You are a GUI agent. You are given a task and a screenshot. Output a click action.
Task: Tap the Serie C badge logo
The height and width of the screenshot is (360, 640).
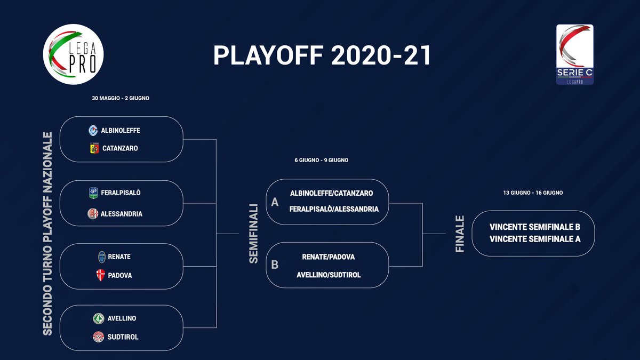574,54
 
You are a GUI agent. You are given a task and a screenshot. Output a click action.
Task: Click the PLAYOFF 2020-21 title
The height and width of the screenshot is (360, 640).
322,55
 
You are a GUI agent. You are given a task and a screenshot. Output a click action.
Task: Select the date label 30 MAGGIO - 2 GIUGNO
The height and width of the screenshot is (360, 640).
121,98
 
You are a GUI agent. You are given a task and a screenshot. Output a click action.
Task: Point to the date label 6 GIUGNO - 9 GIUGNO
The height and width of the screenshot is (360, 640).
321,160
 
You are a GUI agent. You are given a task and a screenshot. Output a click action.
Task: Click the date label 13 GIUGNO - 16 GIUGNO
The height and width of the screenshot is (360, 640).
533,193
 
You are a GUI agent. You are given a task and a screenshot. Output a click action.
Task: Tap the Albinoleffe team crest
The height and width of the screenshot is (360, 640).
93,130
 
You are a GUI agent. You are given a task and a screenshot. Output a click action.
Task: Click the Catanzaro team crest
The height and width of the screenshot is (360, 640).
94,149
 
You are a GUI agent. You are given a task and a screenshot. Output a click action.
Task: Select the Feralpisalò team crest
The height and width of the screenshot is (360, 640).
93,193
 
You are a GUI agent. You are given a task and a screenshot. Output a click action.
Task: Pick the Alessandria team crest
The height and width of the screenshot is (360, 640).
93,214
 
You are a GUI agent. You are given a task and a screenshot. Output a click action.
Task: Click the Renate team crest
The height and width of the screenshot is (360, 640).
101,257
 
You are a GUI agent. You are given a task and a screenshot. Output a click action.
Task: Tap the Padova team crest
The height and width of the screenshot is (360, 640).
100,276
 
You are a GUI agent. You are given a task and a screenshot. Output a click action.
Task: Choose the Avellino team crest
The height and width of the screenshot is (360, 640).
98,318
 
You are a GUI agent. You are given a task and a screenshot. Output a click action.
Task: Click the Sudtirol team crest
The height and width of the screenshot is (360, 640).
98,337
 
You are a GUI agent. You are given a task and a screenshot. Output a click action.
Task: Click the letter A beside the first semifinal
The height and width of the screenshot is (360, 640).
275,203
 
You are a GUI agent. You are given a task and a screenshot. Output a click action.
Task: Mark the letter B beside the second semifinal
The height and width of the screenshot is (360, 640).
275,265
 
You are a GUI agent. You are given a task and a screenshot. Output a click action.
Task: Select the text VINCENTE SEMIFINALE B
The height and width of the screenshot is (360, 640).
534,227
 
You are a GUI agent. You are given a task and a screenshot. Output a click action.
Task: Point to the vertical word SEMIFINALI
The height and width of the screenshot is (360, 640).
254,233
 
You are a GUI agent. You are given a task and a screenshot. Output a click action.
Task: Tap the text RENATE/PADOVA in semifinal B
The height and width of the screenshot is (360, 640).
328,257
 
